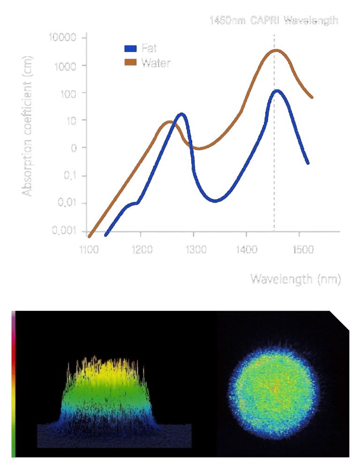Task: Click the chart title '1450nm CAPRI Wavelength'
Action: click(x=274, y=21)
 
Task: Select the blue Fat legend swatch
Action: click(x=130, y=49)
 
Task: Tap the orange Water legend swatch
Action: click(x=130, y=62)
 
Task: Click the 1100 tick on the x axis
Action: click(x=89, y=250)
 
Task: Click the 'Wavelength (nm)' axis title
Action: click(x=295, y=280)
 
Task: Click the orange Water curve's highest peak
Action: click(x=277, y=50)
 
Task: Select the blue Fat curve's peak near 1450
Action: click(x=277, y=90)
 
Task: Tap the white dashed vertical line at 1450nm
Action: click(x=274, y=187)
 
